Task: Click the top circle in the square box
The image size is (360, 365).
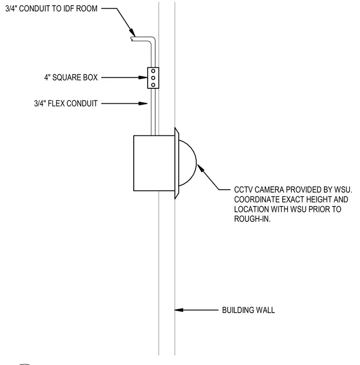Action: (x=153, y=71)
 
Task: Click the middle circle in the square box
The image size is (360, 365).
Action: (x=153, y=78)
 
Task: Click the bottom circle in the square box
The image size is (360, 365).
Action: (x=153, y=85)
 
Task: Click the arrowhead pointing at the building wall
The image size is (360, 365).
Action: (x=179, y=310)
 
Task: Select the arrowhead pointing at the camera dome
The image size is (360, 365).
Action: (x=200, y=168)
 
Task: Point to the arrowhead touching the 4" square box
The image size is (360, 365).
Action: (x=143, y=77)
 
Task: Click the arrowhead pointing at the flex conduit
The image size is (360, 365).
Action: (x=143, y=103)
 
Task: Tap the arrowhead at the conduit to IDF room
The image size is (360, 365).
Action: (x=132, y=33)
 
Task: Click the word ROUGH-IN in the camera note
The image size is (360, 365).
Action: (x=252, y=219)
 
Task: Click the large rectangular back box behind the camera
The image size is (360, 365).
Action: (x=154, y=163)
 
